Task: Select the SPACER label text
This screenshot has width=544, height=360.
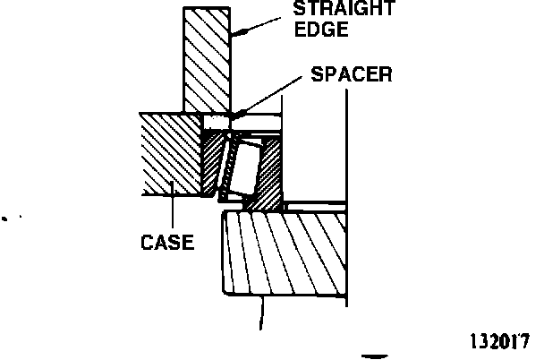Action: click(x=351, y=74)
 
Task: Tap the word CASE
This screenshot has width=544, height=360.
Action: click(x=168, y=242)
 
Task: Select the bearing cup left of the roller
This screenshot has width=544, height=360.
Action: click(x=213, y=161)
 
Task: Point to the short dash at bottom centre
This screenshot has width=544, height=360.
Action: click(x=374, y=344)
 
